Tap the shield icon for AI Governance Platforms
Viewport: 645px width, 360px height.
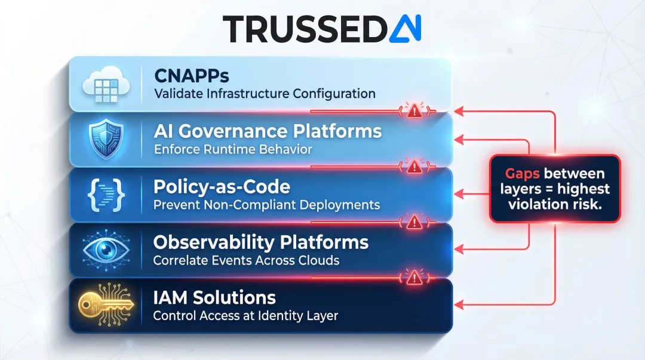pos(105,140)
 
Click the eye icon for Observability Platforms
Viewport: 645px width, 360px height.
pos(105,250)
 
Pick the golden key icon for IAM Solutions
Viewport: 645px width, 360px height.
pos(105,304)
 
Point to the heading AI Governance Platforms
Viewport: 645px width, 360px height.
pos(268,131)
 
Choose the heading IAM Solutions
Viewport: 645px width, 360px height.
pos(214,297)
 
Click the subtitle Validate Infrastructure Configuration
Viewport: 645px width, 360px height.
pos(265,94)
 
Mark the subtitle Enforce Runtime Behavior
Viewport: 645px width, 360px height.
pos(233,149)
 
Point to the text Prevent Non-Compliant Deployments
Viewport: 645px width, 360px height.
pos(266,205)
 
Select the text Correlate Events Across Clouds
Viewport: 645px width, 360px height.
pos(246,260)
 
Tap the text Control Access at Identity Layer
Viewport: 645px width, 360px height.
pos(245,315)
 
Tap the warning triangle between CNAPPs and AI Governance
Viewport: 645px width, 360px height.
pos(413,110)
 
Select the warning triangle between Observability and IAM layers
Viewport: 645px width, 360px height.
pos(413,276)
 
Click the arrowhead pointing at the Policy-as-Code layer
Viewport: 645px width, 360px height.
pos(459,194)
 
